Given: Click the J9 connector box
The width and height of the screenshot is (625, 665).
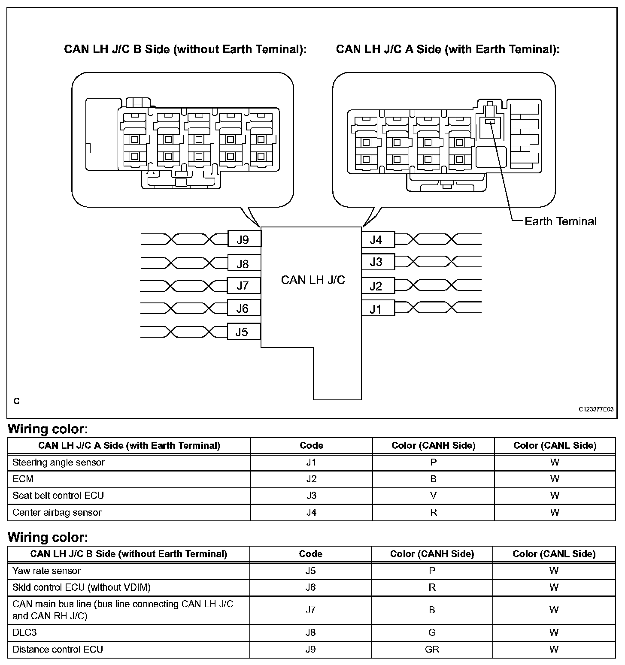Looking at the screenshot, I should coord(243,239).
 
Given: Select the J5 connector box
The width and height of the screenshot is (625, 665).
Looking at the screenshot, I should coord(243,332).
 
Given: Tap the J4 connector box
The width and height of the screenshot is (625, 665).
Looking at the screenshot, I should coord(376,240).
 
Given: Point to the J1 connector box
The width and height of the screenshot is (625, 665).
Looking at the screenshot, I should coord(376,309).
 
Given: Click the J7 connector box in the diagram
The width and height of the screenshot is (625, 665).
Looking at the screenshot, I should coord(243,286).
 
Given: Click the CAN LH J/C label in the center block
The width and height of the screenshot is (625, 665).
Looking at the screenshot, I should coord(313,280).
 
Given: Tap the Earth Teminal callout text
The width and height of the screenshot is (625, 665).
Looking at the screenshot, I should coord(560,221).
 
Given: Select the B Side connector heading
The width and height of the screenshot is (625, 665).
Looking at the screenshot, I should coord(185,49).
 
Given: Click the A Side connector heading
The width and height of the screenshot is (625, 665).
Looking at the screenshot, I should coord(448,49).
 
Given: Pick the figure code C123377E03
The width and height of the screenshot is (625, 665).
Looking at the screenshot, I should coord(596,409).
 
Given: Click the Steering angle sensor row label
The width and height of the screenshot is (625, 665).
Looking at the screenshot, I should coord(58,462).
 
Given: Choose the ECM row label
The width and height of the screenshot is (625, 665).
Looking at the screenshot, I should coord(23,479).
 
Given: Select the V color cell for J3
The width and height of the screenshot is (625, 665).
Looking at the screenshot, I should coord(433,496).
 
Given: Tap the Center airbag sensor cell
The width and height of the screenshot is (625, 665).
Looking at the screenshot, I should coord(57,513).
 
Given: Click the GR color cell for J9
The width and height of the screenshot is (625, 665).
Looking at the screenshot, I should coord(432,650).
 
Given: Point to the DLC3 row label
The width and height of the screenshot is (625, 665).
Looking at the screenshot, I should coord(25,633).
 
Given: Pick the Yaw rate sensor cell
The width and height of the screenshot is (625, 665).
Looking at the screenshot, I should coord(46,571).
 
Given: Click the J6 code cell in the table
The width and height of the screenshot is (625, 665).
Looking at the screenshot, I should coord(310,587).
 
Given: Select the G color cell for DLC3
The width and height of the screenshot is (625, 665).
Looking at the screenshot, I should coord(432,633).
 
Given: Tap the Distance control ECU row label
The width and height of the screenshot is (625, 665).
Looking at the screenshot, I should coord(58,650).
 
